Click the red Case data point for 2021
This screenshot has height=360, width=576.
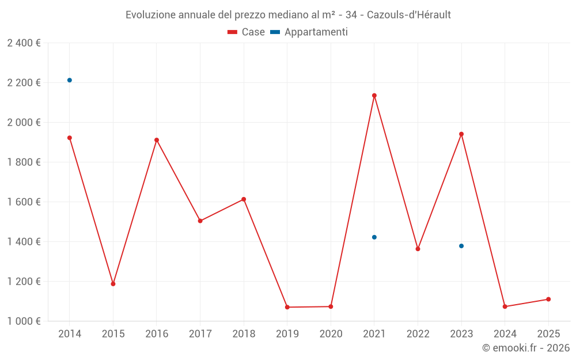click(x=374, y=96)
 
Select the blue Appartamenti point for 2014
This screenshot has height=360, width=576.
click(x=70, y=80)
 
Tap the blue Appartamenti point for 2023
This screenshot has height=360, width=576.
click(x=461, y=246)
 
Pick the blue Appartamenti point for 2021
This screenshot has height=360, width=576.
click(x=374, y=237)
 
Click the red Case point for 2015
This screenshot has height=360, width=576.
click(x=113, y=284)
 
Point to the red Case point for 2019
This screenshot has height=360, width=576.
click(x=287, y=307)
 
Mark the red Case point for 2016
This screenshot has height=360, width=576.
click(x=157, y=140)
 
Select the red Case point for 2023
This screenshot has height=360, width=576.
click(x=461, y=134)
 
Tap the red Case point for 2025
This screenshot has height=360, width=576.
click(x=548, y=299)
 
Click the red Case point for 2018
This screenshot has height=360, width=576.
click(x=244, y=199)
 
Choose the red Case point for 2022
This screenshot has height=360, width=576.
click(x=418, y=249)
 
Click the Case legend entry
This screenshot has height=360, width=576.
click(x=247, y=32)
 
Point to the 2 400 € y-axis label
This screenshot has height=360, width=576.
click(x=24, y=43)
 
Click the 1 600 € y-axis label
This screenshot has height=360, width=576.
click(x=24, y=202)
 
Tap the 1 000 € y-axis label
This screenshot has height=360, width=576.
click(x=24, y=321)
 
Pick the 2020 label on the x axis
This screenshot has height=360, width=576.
click(x=331, y=334)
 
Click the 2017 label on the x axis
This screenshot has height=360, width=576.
click(x=200, y=334)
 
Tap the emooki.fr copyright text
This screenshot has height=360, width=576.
click(x=525, y=348)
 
